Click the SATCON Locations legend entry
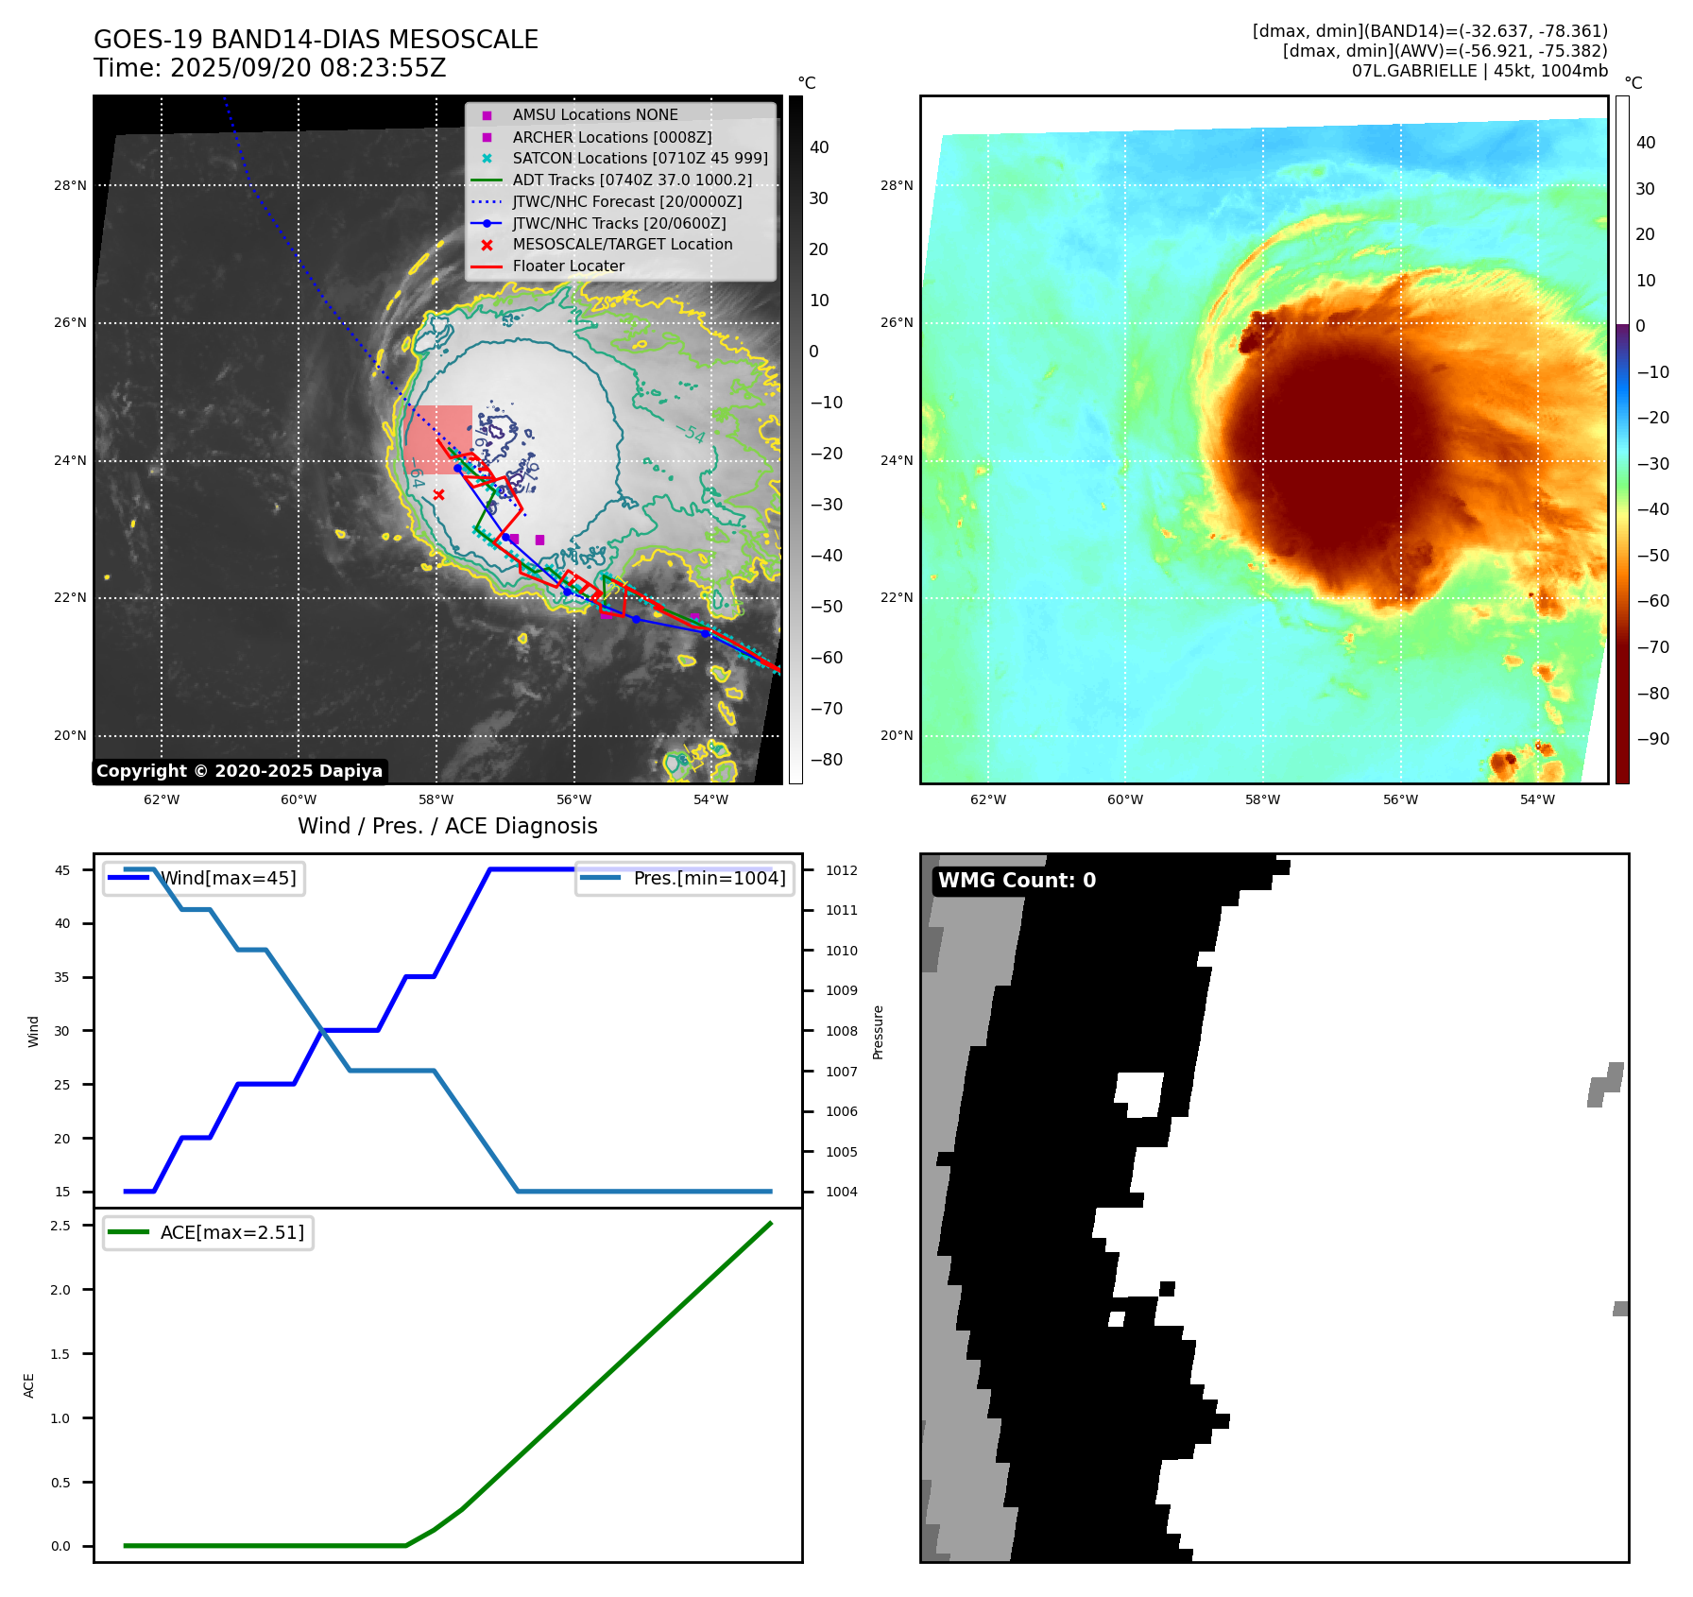[x=640, y=159]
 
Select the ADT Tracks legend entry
[x=632, y=180]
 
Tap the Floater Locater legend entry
[x=568, y=266]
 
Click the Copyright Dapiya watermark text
[x=239, y=771]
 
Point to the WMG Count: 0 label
[x=1017, y=881]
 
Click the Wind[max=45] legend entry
[x=228, y=879]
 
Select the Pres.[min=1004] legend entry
[x=709, y=879]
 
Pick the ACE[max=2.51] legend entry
[x=231, y=1233]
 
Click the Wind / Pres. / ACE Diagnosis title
[x=448, y=827]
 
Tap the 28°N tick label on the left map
[x=70, y=186]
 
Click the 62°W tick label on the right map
[x=988, y=800]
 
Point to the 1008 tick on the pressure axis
[x=842, y=1032]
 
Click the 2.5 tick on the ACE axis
[x=60, y=1227]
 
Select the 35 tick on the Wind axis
[x=62, y=978]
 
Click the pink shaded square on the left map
[x=439, y=439]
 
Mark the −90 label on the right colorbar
[x=1652, y=739]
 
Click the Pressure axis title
[x=879, y=1032]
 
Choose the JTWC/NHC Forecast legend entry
[x=626, y=202]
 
